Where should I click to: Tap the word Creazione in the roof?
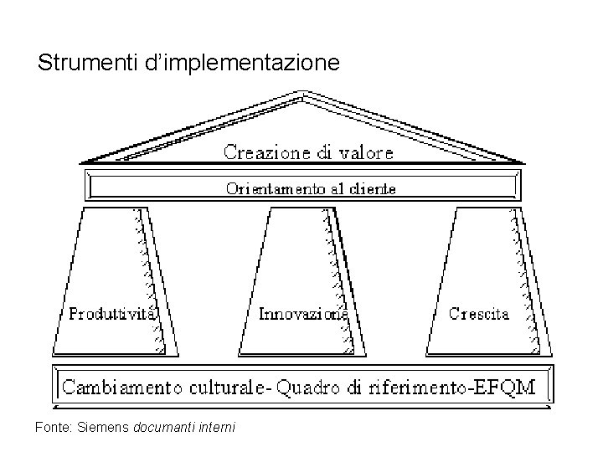265,152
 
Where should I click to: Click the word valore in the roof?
366,152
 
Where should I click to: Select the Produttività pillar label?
113,315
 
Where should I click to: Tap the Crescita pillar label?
479,315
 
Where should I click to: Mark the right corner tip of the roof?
526,160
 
